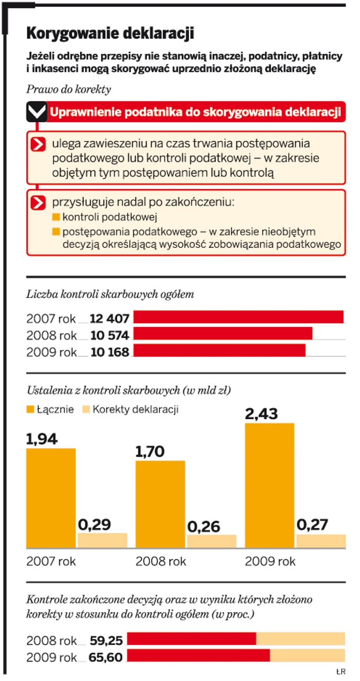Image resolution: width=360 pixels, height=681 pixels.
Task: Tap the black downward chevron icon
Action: tap(36, 112)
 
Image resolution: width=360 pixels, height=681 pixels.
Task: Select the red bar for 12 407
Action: tap(238, 317)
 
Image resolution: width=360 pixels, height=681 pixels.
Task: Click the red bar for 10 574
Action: tap(223, 333)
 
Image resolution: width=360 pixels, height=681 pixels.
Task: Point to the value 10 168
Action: tap(110, 351)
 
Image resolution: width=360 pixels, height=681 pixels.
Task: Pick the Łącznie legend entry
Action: tap(50, 409)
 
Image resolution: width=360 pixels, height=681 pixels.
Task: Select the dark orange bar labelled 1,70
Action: tap(160, 504)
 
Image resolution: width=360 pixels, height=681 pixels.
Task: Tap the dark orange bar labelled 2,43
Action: tap(269, 485)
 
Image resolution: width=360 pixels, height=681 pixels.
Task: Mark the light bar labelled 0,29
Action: tap(102, 540)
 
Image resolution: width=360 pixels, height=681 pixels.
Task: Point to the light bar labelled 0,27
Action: tap(321, 541)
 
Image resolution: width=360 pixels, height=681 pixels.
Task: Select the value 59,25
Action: tap(106, 641)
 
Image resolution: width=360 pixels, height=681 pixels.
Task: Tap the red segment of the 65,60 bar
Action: tap(199, 655)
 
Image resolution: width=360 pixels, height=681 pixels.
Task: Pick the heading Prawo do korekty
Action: tap(68, 89)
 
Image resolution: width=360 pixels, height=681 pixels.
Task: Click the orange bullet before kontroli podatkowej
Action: tap(56, 218)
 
